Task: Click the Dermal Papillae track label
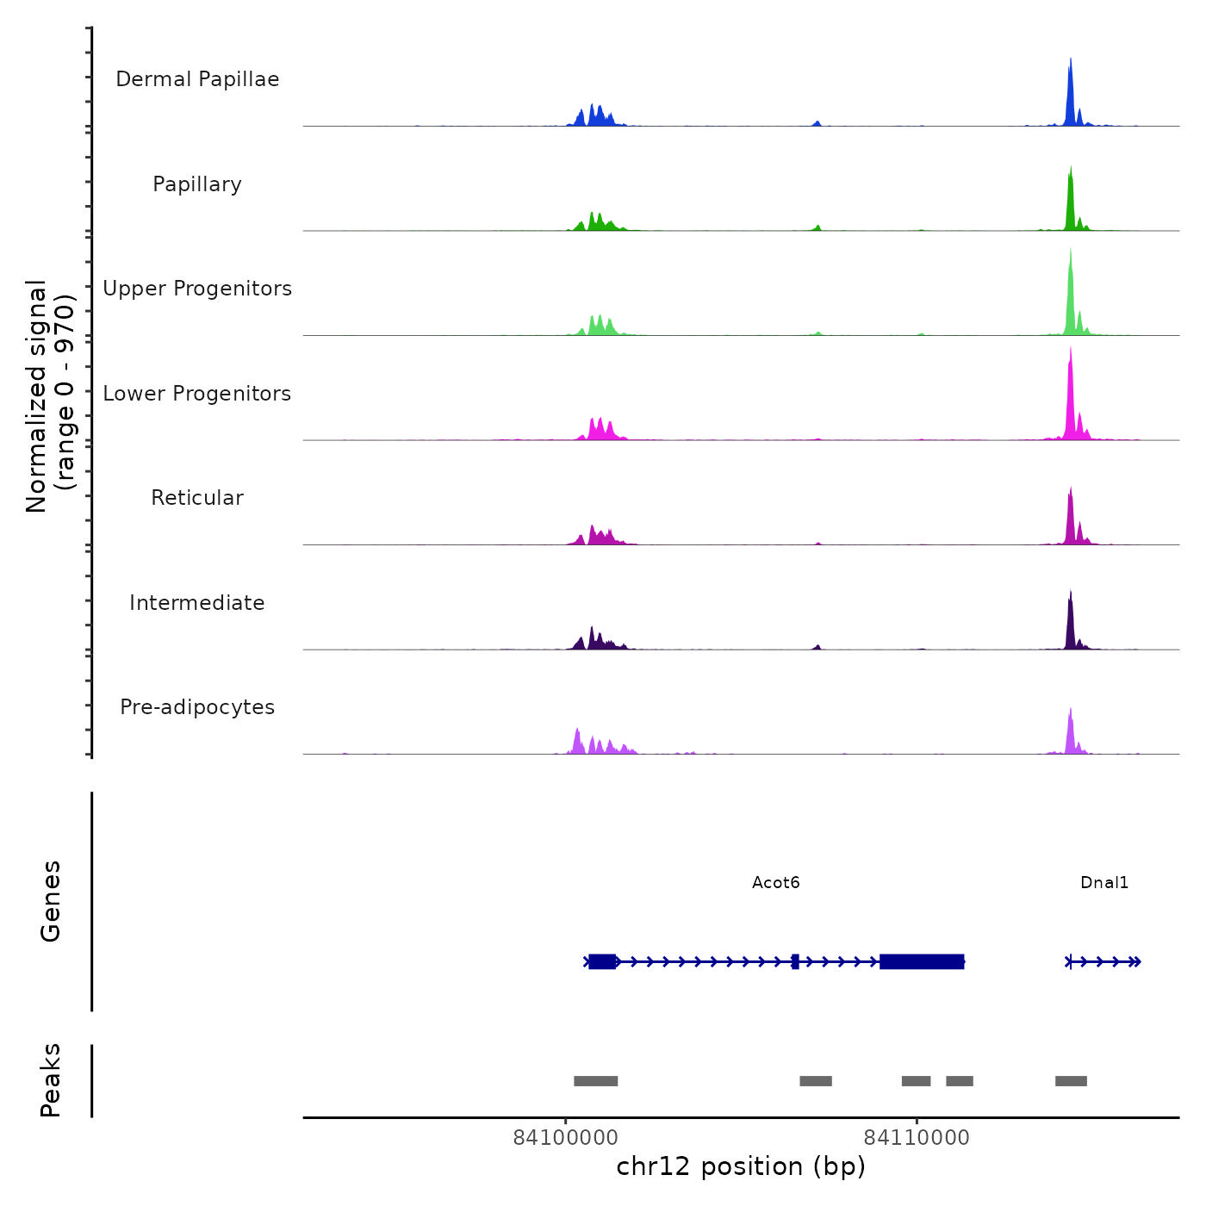click(x=197, y=79)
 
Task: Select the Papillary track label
click(x=197, y=184)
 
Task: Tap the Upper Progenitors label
click(x=197, y=289)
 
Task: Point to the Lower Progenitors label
click(x=197, y=394)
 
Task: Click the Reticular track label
click(x=197, y=498)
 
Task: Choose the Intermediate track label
click(x=197, y=603)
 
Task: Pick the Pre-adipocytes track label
click(x=197, y=707)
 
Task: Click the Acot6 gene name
click(x=775, y=882)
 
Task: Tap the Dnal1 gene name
click(x=1103, y=882)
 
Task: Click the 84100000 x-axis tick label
click(x=565, y=1138)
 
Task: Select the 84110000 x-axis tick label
click(x=917, y=1138)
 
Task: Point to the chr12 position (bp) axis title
click(x=741, y=1166)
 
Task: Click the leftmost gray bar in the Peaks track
click(x=595, y=1081)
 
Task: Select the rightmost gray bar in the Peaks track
click(x=1071, y=1081)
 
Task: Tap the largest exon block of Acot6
click(x=922, y=961)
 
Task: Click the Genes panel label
click(x=51, y=901)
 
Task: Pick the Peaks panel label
click(x=51, y=1080)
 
